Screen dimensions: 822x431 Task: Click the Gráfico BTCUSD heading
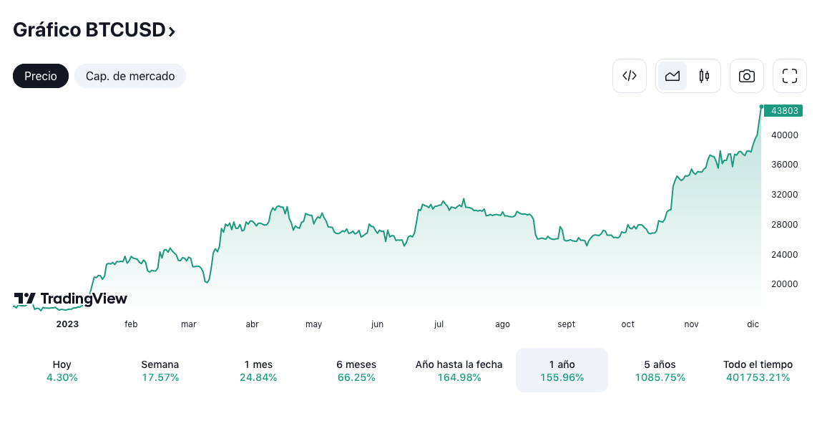point(94,30)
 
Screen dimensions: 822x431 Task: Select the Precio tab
point(41,76)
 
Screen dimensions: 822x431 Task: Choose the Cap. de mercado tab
point(130,76)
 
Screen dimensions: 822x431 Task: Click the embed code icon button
point(630,76)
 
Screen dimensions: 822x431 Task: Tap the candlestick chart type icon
point(704,76)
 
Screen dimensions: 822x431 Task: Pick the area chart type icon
point(672,76)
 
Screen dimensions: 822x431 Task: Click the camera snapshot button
point(747,76)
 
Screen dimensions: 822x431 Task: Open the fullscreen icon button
point(790,76)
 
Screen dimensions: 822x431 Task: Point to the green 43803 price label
point(784,111)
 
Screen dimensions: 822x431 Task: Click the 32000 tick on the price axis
point(785,195)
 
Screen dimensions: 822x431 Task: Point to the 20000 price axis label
point(785,284)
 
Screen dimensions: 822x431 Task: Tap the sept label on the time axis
point(566,324)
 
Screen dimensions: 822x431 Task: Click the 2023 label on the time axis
point(68,324)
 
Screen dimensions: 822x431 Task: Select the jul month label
point(439,324)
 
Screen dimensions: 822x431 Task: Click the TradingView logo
point(70,299)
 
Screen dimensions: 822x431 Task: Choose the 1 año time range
point(562,370)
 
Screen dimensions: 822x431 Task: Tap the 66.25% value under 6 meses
point(356,377)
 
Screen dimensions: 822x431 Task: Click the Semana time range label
point(160,364)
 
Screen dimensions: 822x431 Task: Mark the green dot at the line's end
point(762,107)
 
